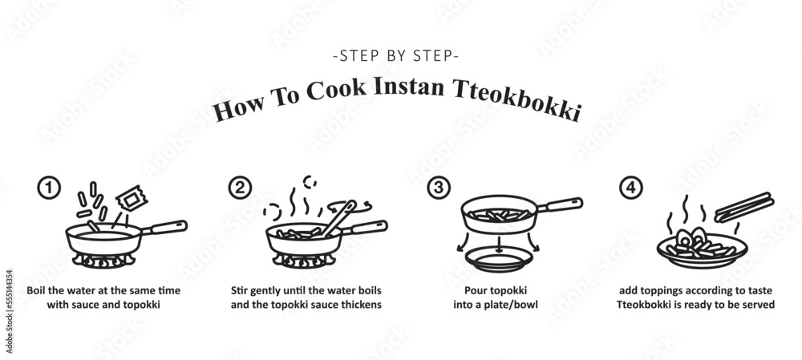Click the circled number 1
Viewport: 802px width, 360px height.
49,188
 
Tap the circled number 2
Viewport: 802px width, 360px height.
239,188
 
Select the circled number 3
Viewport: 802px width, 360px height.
437,188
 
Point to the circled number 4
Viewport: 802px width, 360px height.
632,188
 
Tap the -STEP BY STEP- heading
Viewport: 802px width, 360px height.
395,57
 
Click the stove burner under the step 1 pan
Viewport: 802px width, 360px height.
101,261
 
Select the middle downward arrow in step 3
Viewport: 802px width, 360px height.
497,244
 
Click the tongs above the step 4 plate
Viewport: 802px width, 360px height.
743,207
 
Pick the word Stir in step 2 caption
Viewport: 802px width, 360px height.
241,291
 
